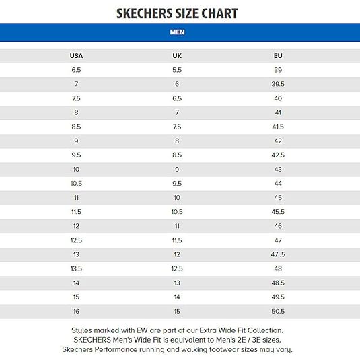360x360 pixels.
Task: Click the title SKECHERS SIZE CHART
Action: pos(177,13)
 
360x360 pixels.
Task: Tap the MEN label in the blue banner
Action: pos(177,32)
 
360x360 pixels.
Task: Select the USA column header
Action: pos(76,56)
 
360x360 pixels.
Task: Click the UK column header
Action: pos(177,56)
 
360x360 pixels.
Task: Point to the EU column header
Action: pos(278,56)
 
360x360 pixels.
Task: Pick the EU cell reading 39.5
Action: pos(278,84)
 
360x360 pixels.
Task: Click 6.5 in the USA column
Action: pos(76,70)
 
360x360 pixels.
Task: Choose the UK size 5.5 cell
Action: pos(177,70)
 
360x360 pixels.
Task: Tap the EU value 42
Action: pos(278,141)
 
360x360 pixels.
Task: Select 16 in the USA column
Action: pos(76,311)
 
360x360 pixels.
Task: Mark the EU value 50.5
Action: pos(278,311)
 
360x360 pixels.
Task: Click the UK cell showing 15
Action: pos(177,311)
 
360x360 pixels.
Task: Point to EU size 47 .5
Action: pos(278,254)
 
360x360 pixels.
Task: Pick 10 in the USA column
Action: pos(76,169)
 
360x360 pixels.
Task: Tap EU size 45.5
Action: pos(278,211)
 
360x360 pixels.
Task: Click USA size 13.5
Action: pos(76,268)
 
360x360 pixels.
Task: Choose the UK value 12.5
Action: pos(177,268)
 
